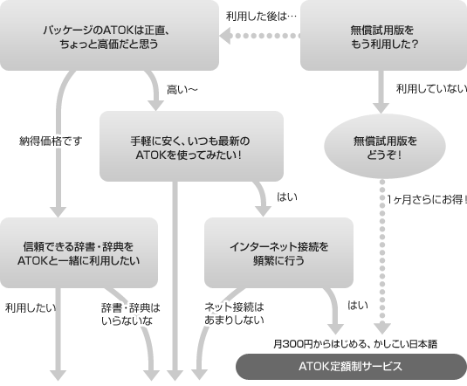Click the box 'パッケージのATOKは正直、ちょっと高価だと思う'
tap(109, 36)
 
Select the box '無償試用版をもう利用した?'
tap(383, 36)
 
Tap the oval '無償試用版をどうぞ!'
tap(384, 147)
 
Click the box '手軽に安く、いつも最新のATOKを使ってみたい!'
tap(191, 147)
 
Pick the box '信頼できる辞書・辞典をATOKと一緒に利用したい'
tap(79, 253)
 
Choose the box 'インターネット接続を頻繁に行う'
tap(278, 253)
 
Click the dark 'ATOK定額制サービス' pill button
tap(351, 367)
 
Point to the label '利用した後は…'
tap(261, 17)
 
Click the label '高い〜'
tap(182, 90)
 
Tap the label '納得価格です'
tap(51, 141)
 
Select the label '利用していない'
tap(431, 88)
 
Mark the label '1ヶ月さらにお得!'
tap(427, 199)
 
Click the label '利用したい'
tap(31, 307)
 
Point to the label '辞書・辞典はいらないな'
tap(130, 314)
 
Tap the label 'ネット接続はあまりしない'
tap(234, 314)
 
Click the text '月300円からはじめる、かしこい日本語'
tap(355, 344)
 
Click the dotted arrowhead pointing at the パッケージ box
tap(225, 36)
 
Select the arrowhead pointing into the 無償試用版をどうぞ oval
tap(381, 108)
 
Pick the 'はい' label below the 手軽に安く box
tap(287, 197)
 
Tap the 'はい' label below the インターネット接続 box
tap(358, 306)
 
